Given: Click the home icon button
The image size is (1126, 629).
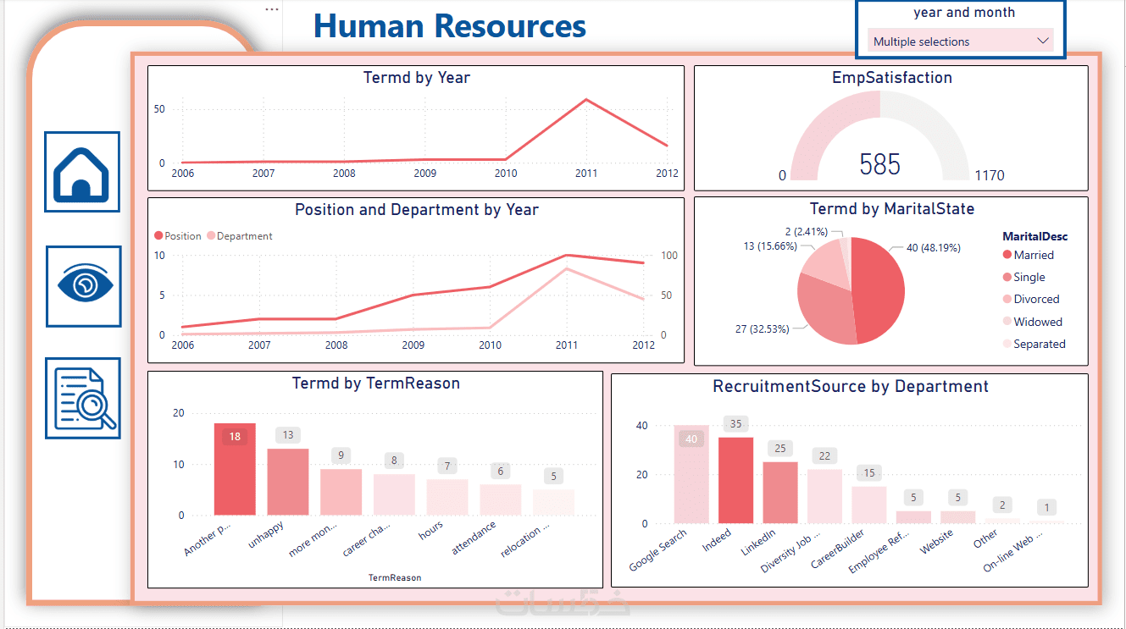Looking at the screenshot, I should (x=82, y=172).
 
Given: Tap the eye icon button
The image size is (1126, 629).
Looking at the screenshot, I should (x=83, y=285).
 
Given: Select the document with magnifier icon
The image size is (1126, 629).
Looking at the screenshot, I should (x=83, y=398).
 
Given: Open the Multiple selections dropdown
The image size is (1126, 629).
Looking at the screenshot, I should (x=960, y=41).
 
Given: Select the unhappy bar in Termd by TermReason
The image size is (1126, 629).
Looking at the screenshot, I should (x=288, y=482).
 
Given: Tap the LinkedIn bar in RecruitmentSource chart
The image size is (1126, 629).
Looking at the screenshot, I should (x=780, y=492).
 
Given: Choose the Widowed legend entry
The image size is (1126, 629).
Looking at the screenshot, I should (x=1037, y=322).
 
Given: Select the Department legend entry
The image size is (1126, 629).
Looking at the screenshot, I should (x=244, y=236).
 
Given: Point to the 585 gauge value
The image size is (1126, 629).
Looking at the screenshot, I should (x=879, y=164).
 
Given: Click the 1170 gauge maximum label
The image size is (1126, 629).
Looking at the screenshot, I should (x=989, y=175).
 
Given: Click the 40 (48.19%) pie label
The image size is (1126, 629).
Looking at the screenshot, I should (x=933, y=248).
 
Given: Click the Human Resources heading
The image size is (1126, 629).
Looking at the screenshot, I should (x=449, y=25).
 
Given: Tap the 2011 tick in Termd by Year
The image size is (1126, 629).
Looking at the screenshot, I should (x=585, y=174).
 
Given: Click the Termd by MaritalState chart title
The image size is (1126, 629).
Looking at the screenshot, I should (x=891, y=208).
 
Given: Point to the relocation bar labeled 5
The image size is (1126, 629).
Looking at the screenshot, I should (x=553, y=502).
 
